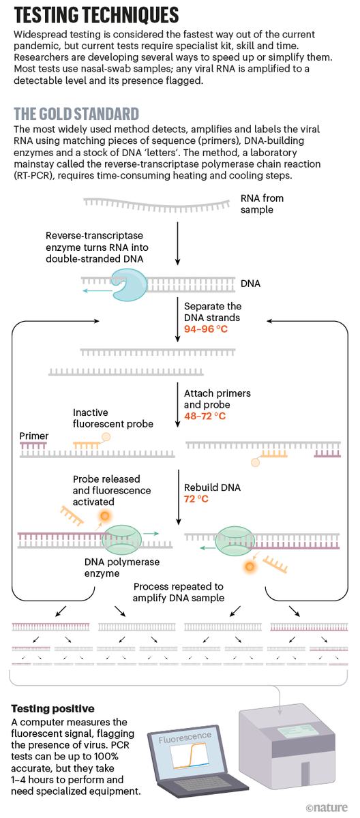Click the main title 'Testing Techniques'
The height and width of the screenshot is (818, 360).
95,15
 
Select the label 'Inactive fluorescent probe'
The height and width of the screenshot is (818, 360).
113,418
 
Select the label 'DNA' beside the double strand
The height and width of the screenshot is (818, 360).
250,282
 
